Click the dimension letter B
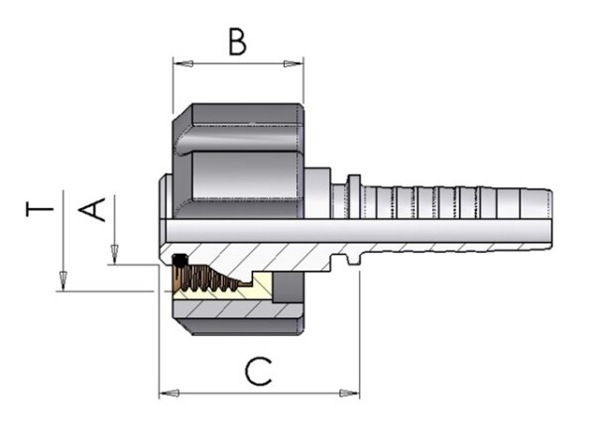[237, 41]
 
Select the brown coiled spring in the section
[213, 281]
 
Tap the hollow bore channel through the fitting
[347, 229]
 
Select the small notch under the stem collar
[350, 263]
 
